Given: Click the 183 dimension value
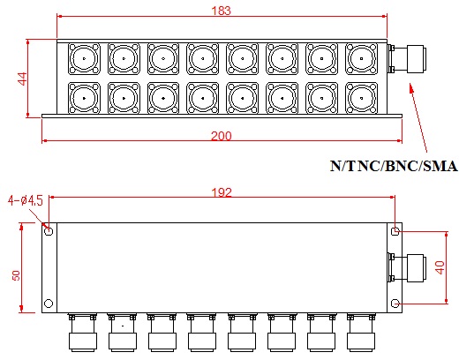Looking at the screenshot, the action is click(x=222, y=11).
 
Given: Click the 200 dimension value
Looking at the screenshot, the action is click(x=222, y=136).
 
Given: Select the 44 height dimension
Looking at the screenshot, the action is click(x=23, y=79).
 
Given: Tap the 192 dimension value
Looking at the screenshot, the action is click(x=222, y=192).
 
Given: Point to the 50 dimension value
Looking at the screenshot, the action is click(x=16, y=275).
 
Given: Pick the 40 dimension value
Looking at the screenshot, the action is click(x=440, y=267).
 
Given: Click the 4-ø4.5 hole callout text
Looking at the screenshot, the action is click(x=26, y=201).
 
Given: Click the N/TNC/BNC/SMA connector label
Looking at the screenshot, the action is click(x=394, y=166).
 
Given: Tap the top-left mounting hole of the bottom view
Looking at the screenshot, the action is click(x=49, y=231).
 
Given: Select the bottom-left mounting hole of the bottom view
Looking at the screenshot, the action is click(x=49, y=304).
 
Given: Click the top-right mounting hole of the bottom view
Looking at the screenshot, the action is click(x=395, y=231).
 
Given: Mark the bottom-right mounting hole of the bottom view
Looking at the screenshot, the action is click(x=395, y=304).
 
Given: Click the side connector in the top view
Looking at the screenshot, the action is click(x=407, y=58).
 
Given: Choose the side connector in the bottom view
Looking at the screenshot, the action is click(x=407, y=267).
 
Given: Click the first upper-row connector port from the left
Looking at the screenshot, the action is click(x=84, y=58).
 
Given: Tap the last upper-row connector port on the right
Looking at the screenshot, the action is click(x=361, y=58).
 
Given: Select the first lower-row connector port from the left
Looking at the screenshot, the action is click(x=84, y=98).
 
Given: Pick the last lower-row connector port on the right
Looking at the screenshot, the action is click(x=361, y=98).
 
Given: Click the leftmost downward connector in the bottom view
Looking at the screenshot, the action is click(x=83, y=333).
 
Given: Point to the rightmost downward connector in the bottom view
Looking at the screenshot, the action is click(x=361, y=333).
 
